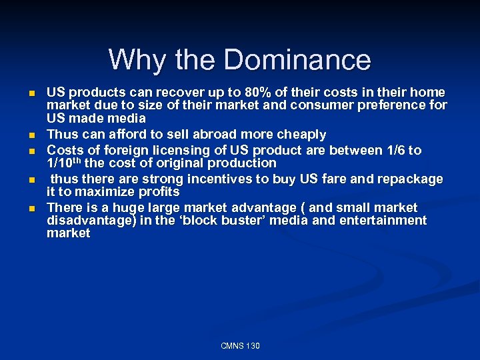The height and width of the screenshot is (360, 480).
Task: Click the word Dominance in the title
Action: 297,60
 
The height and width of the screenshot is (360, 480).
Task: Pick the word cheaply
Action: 297,135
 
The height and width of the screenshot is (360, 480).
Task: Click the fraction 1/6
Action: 392,150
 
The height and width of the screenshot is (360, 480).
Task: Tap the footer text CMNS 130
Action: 240,345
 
